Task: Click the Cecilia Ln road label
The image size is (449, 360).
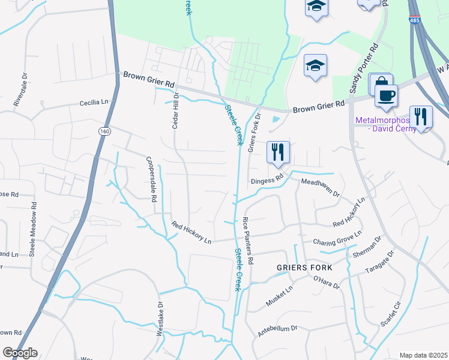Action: coord(93,103)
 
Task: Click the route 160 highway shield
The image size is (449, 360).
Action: coord(106,131)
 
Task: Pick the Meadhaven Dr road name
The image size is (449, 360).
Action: coord(321,188)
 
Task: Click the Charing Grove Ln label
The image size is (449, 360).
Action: coord(337,238)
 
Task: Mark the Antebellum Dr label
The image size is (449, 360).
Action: coord(277,329)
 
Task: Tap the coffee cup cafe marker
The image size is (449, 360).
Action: coord(386,95)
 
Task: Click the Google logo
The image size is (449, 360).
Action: coord(19,353)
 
